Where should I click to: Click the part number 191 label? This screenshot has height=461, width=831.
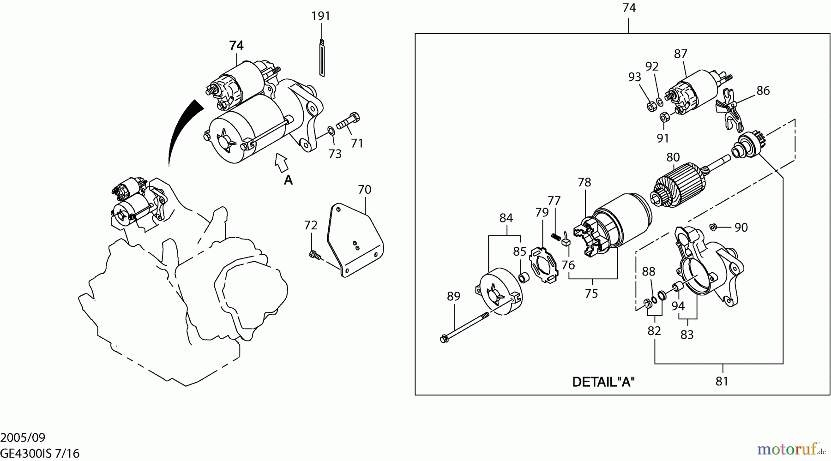tap(320, 16)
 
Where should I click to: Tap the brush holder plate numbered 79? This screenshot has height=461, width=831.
tap(544, 265)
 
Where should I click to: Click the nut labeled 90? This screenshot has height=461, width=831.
tap(712, 226)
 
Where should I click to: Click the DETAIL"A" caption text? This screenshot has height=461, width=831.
tap(603, 382)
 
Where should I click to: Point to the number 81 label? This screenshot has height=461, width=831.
tap(722, 381)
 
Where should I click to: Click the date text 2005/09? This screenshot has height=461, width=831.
tap(23, 437)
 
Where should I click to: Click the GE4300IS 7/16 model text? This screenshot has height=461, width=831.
tap(36, 454)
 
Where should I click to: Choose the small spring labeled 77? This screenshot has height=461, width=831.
tap(556, 236)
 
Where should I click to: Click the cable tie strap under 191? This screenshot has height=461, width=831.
tap(321, 58)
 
